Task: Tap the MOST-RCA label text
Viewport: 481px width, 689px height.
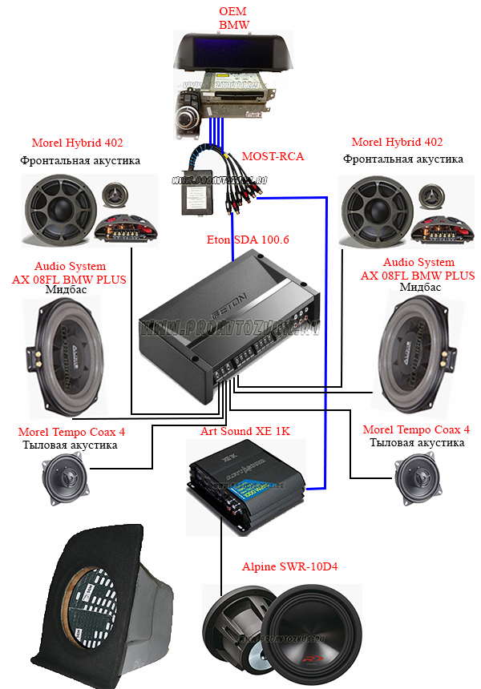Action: pyautogui.click(x=273, y=156)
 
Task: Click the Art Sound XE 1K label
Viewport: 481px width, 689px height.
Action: pyautogui.click(x=245, y=432)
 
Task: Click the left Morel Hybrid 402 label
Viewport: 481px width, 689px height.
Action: pyautogui.click(x=77, y=143)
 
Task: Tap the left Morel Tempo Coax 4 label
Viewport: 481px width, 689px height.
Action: pyautogui.click(x=71, y=432)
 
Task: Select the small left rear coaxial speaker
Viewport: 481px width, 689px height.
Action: pyautogui.click(x=67, y=479)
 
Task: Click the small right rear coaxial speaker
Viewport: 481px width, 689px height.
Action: pyautogui.click(x=420, y=477)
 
